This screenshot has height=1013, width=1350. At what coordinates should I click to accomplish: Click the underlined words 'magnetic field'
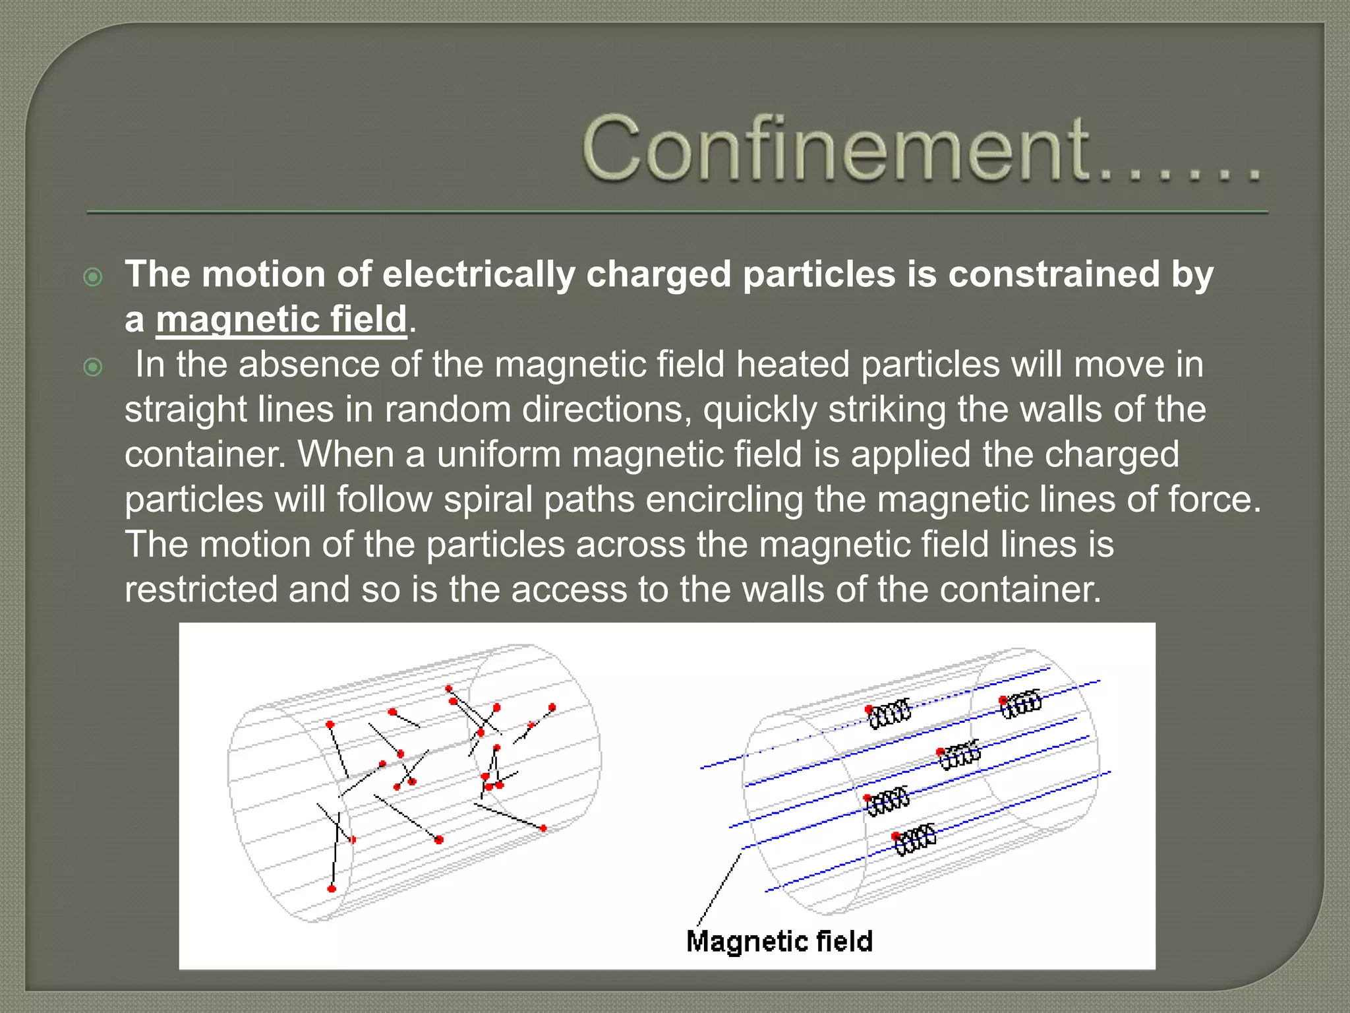[281, 319]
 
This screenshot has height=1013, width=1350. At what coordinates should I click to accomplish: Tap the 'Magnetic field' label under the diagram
[779, 941]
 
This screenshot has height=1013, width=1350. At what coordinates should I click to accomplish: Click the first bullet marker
[94, 277]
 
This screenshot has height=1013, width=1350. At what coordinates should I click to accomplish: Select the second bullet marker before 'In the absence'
[94, 367]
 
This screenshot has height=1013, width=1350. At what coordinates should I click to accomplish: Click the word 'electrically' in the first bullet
[479, 274]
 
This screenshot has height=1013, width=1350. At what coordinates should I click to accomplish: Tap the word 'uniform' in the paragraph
[498, 454]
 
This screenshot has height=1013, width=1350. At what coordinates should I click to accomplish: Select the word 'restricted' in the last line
[200, 589]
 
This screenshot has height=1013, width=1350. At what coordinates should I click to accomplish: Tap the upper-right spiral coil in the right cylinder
[1022, 704]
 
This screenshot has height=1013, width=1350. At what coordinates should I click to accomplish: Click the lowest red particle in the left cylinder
[332, 889]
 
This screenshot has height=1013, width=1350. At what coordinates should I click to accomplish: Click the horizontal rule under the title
[678, 212]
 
